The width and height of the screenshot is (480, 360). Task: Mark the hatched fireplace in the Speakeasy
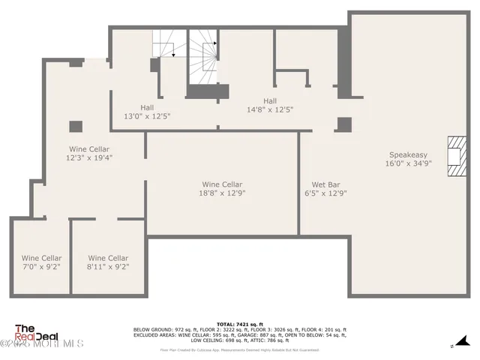click(x=455, y=156)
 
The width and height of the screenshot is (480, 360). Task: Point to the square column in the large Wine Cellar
click(x=76, y=126)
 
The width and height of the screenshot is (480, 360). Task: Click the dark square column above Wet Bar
click(x=343, y=124)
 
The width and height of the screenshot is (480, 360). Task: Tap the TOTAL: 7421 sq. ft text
click(x=239, y=323)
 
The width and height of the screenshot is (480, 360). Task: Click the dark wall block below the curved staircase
click(x=207, y=91)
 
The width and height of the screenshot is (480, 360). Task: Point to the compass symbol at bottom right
click(x=452, y=346)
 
